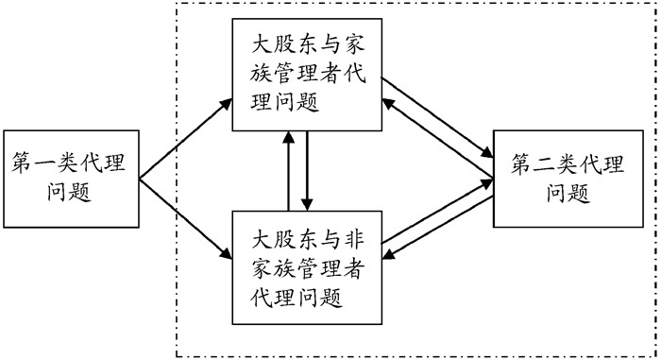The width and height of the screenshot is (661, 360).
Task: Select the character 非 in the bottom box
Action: [x=353, y=241]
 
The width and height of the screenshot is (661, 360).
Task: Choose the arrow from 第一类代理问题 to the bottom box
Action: [x=185, y=219]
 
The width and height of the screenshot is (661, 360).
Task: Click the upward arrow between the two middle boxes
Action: [x=289, y=170]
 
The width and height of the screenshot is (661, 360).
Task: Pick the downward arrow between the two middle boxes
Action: [x=307, y=170]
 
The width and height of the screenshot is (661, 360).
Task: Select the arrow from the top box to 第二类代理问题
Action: [x=437, y=117]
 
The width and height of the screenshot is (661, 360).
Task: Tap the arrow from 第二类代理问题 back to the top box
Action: [x=437, y=138]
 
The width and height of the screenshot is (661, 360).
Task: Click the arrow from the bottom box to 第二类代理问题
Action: [x=437, y=212]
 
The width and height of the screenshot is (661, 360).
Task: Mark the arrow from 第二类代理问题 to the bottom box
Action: [x=437, y=228]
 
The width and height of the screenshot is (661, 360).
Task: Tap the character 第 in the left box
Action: [x=22, y=163]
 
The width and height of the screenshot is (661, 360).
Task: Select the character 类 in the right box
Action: [x=568, y=164]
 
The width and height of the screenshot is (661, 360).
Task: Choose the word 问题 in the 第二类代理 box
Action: [x=568, y=194]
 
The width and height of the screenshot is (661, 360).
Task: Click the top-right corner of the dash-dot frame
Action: [x=657, y=4]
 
